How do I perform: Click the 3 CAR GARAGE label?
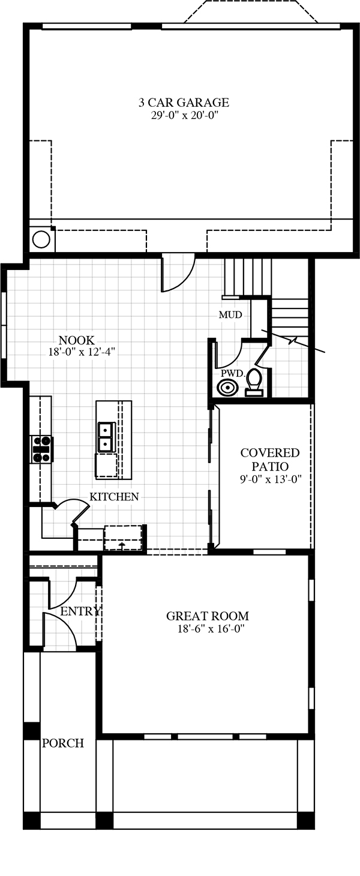184,103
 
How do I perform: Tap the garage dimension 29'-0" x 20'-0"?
184,116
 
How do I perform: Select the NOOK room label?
77,340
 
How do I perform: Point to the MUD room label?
230,314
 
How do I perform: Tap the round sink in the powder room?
227,388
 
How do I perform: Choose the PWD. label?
233,373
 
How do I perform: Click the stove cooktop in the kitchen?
42,449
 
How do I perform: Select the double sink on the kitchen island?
106,436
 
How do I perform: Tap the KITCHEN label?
114,497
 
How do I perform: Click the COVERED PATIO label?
270,460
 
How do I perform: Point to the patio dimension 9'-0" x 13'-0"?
271,479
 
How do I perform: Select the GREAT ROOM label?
208,616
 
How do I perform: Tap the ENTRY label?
81,611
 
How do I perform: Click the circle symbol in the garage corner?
41,239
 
